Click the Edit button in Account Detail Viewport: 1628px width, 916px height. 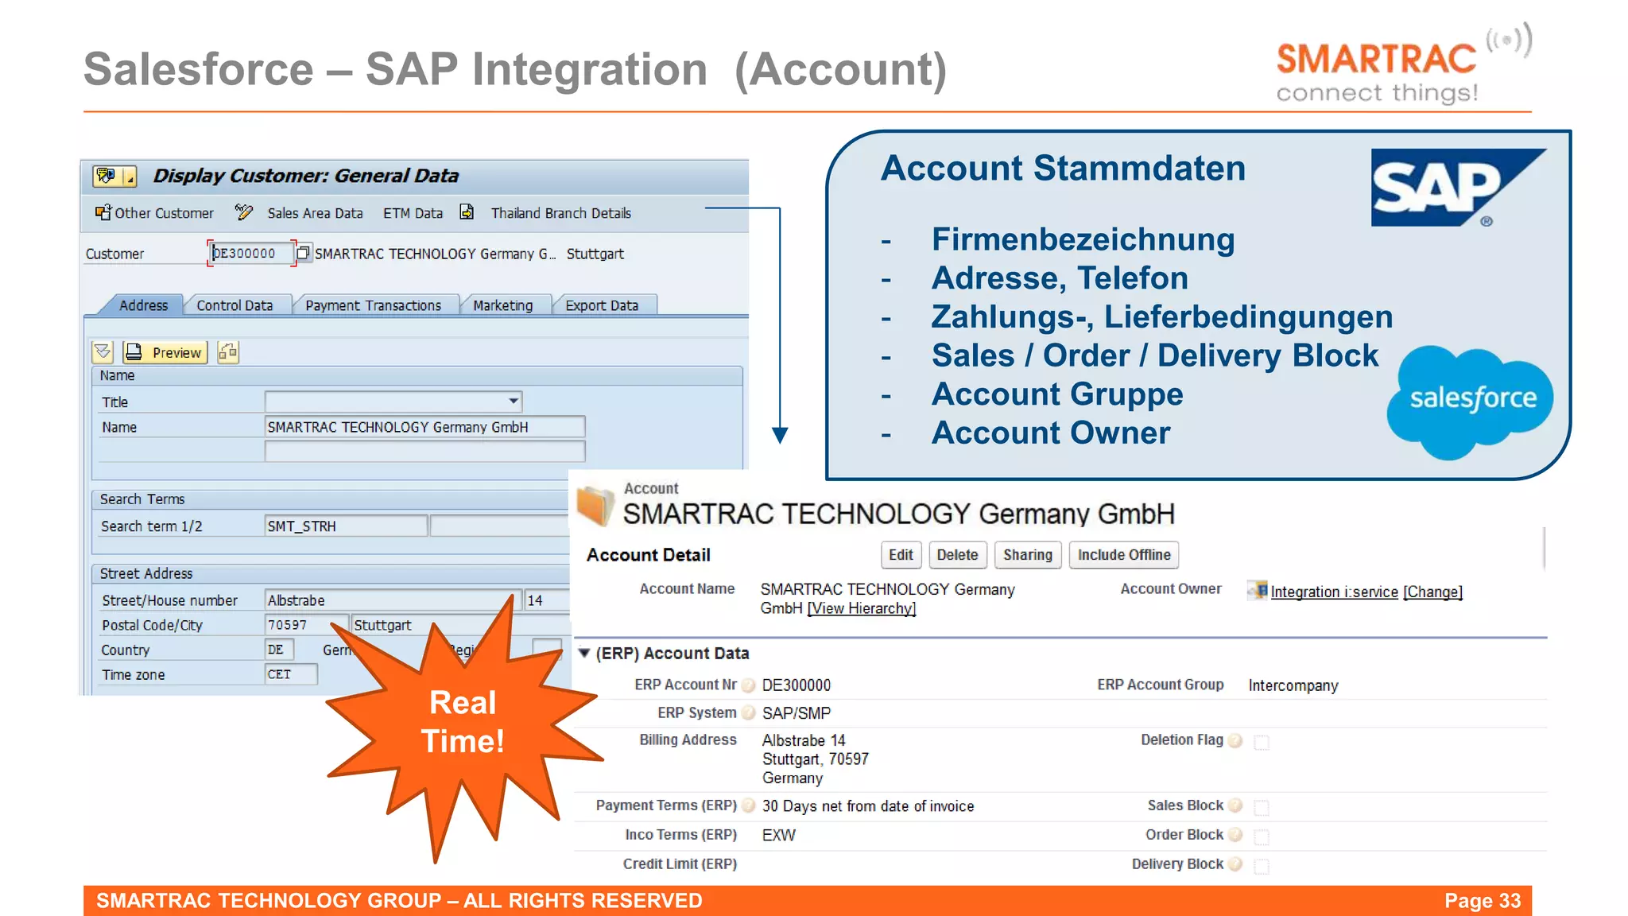point(901,555)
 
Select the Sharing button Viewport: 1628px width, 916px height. point(1027,555)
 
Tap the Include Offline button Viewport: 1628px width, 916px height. point(1123,555)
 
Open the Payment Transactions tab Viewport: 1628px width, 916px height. point(373,305)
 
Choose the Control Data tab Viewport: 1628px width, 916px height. point(235,305)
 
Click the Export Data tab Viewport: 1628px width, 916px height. point(602,305)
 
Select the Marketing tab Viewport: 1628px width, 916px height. point(502,305)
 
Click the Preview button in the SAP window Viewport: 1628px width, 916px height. point(165,352)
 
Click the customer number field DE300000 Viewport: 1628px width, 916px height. point(249,254)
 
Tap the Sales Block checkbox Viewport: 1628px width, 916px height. point(1262,808)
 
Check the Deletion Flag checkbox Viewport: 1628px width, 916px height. point(1262,742)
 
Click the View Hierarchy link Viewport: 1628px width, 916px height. point(862,609)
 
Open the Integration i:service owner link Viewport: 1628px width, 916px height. point(1334,592)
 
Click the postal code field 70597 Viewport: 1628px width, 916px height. point(304,625)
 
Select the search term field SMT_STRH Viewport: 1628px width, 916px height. point(345,526)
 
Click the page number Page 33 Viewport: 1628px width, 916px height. point(1482,901)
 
